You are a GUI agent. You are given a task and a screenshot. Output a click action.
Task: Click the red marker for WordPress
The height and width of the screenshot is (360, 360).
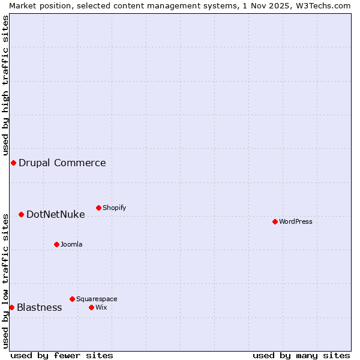(275, 221)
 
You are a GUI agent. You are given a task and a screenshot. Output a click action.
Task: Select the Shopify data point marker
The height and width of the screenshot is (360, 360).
(98, 208)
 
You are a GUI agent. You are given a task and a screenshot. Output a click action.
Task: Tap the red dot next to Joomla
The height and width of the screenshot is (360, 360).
(56, 244)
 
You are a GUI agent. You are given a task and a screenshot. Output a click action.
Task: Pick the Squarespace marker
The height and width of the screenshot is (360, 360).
(72, 299)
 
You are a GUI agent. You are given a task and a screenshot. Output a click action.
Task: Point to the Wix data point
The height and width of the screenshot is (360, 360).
(91, 307)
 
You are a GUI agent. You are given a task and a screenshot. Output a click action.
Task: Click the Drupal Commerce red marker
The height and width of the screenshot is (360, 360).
(13, 163)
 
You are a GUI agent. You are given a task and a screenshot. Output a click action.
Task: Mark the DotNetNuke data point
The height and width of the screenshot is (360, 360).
(21, 214)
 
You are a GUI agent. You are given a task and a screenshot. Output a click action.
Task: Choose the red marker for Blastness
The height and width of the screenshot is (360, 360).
(11, 307)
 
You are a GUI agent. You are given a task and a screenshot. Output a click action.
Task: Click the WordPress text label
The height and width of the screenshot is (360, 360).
(295, 221)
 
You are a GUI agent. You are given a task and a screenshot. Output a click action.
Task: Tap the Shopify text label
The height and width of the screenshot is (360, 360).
(114, 208)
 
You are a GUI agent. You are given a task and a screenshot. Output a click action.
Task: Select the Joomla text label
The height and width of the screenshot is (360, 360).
(71, 244)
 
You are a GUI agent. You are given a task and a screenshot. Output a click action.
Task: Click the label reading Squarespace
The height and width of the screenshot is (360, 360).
(97, 299)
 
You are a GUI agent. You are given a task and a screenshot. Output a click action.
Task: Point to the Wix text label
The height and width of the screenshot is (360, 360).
(101, 307)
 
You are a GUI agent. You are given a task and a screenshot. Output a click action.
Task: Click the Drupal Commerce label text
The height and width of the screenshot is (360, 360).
(62, 163)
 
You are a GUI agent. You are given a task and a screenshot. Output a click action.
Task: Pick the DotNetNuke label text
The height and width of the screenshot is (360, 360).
(55, 214)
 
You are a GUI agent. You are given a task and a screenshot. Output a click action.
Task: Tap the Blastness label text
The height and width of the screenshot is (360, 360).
(39, 307)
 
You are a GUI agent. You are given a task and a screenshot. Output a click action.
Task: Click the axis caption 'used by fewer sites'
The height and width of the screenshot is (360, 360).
(62, 355)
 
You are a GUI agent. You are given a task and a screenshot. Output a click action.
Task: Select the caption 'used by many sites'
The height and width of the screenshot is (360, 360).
(301, 355)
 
